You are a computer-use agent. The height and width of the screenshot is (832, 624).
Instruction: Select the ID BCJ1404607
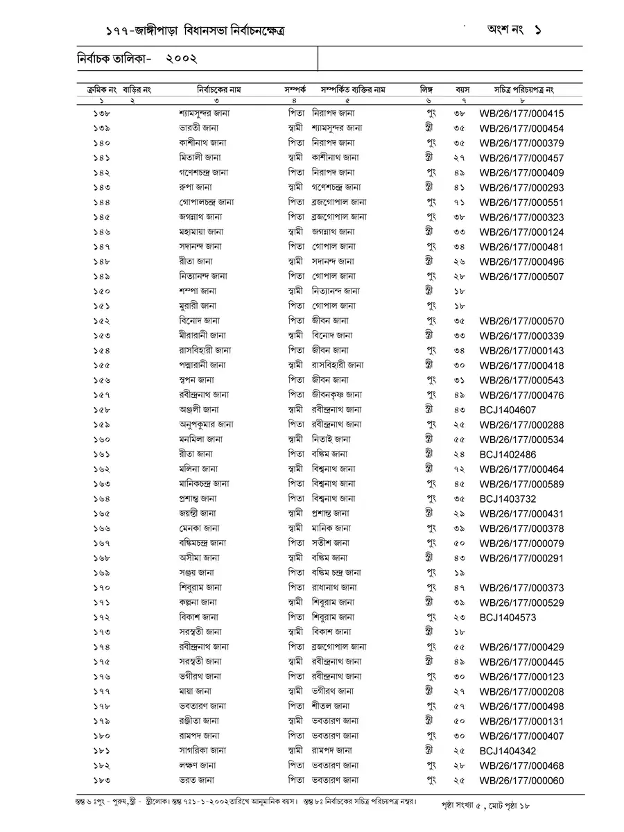[508, 410]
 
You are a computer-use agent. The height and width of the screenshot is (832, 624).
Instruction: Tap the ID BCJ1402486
[508, 454]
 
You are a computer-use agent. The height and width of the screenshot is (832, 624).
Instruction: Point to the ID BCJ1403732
[508, 499]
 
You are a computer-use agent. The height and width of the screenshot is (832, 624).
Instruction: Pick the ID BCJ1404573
[508, 617]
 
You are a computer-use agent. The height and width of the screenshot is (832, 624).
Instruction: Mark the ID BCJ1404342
[508, 750]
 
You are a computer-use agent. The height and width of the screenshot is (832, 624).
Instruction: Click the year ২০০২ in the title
[182, 60]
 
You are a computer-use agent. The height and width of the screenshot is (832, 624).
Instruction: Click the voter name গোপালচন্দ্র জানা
[205, 202]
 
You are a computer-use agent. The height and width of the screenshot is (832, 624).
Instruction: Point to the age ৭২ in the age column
[460, 469]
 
